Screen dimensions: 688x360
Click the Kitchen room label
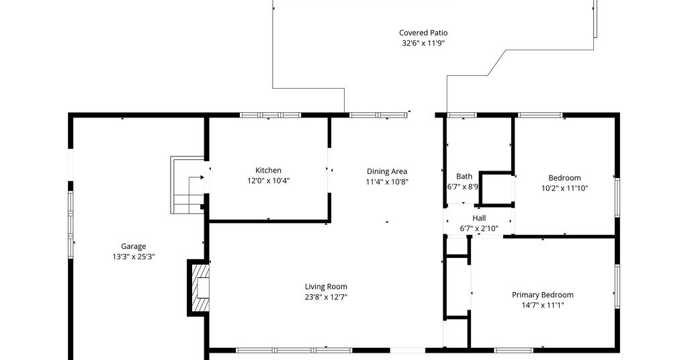tap(268, 170)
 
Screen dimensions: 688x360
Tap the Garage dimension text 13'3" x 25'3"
tap(134, 257)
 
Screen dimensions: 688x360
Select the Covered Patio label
tap(423, 32)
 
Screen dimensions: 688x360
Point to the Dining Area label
tap(387, 171)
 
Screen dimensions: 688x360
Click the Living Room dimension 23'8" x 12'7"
tap(326, 297)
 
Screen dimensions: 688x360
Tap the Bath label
tap(464, 176)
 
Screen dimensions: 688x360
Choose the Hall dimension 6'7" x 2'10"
tap(479, 228)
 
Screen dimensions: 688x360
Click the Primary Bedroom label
tap(543, 295)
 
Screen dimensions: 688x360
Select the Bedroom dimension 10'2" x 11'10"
tap(564, 188)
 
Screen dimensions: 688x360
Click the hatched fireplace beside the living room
tap(200, 287)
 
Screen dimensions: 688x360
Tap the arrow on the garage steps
tap(196, 177)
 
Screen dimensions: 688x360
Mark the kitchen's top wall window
tap(270, 116)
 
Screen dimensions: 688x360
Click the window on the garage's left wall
tap(70, 224)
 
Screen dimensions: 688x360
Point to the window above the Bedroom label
tap(540, 116)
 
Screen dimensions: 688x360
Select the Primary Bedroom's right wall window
tap(617, 286)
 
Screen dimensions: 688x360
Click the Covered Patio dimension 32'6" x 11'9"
tap(423, 43)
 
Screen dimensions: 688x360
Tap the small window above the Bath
tap(462, 116)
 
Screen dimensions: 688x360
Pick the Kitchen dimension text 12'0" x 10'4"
tap(268, 181)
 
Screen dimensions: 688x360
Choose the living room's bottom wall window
tap(294, 351)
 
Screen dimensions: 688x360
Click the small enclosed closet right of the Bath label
tap(497, 189)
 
